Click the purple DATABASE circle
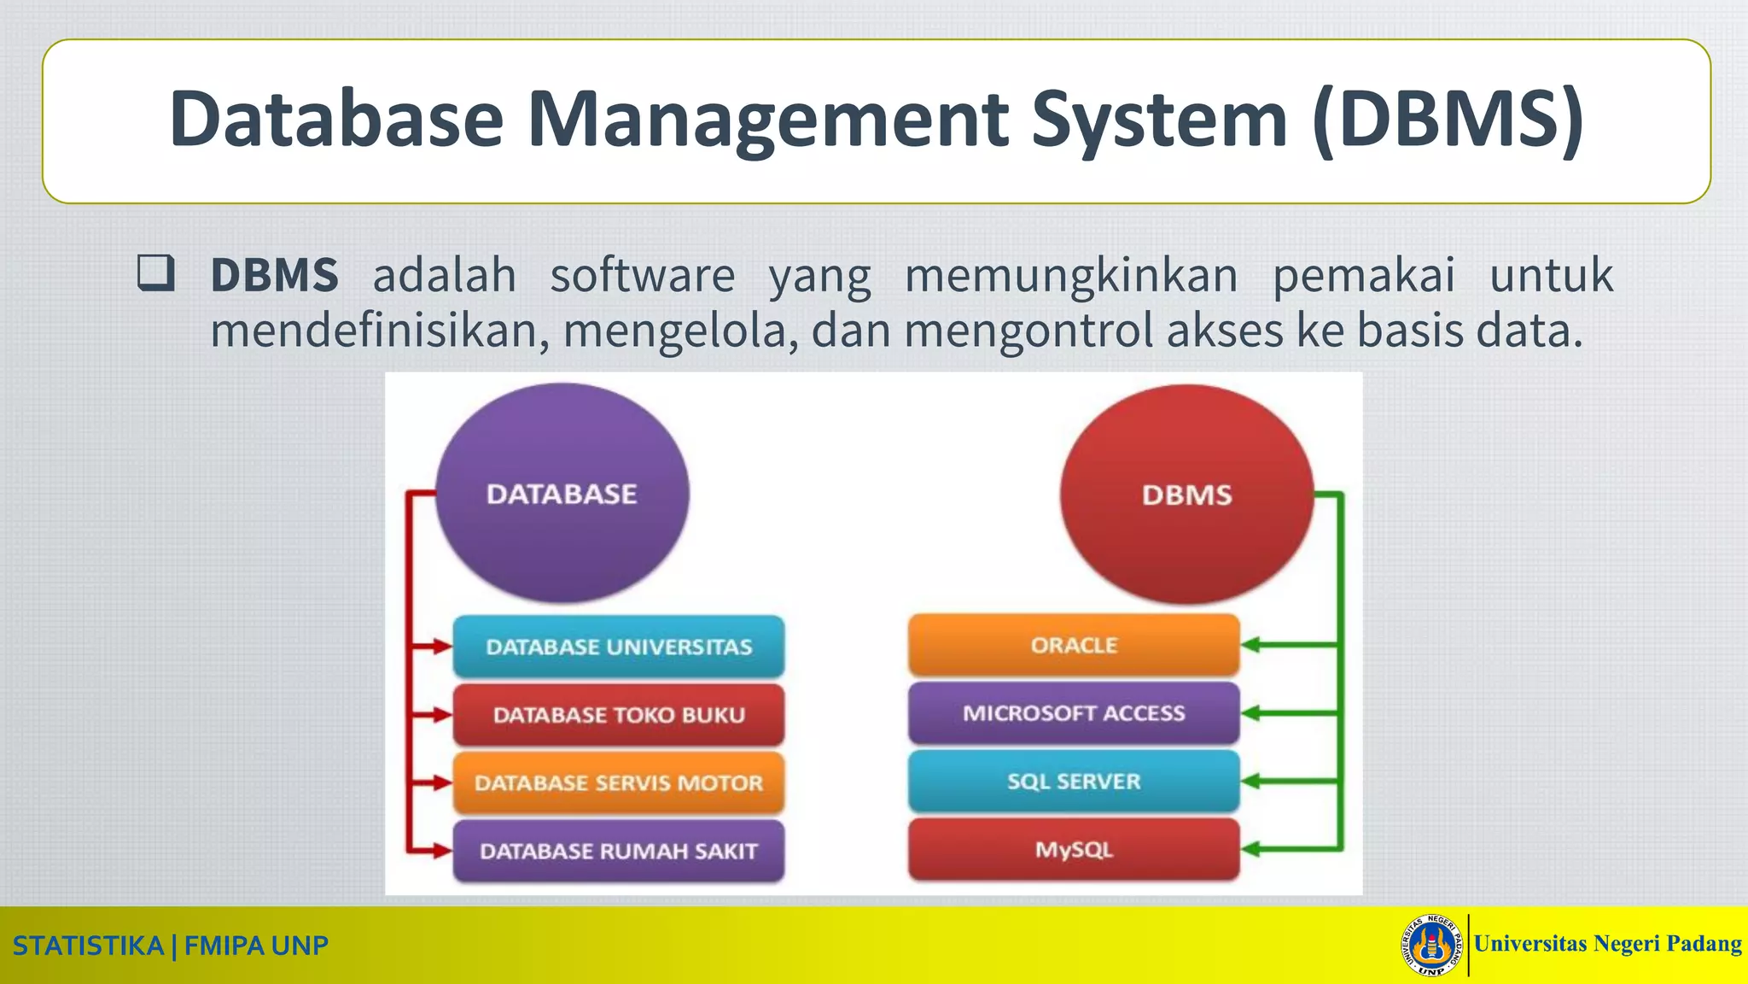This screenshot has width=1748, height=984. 562,493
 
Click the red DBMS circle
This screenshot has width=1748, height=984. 1186,494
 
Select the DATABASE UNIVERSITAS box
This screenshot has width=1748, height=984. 619,647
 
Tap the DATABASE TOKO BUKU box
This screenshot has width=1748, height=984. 619,715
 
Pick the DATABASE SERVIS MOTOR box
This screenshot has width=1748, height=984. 619,782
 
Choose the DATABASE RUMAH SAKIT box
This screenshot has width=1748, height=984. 619,851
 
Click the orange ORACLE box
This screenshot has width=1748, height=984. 1074,645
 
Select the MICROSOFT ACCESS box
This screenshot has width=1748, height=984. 1074,713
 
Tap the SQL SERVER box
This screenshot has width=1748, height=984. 1074,781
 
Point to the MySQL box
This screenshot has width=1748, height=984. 1074,849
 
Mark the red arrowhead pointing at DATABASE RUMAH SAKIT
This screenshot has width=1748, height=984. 441,851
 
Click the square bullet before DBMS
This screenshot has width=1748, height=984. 156,273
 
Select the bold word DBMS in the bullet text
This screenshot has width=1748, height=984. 274,275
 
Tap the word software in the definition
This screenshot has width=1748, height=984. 642,275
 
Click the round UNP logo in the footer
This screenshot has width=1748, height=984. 1431,945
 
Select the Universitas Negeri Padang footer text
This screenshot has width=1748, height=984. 1607,944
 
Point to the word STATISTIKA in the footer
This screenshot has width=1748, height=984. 88,946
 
